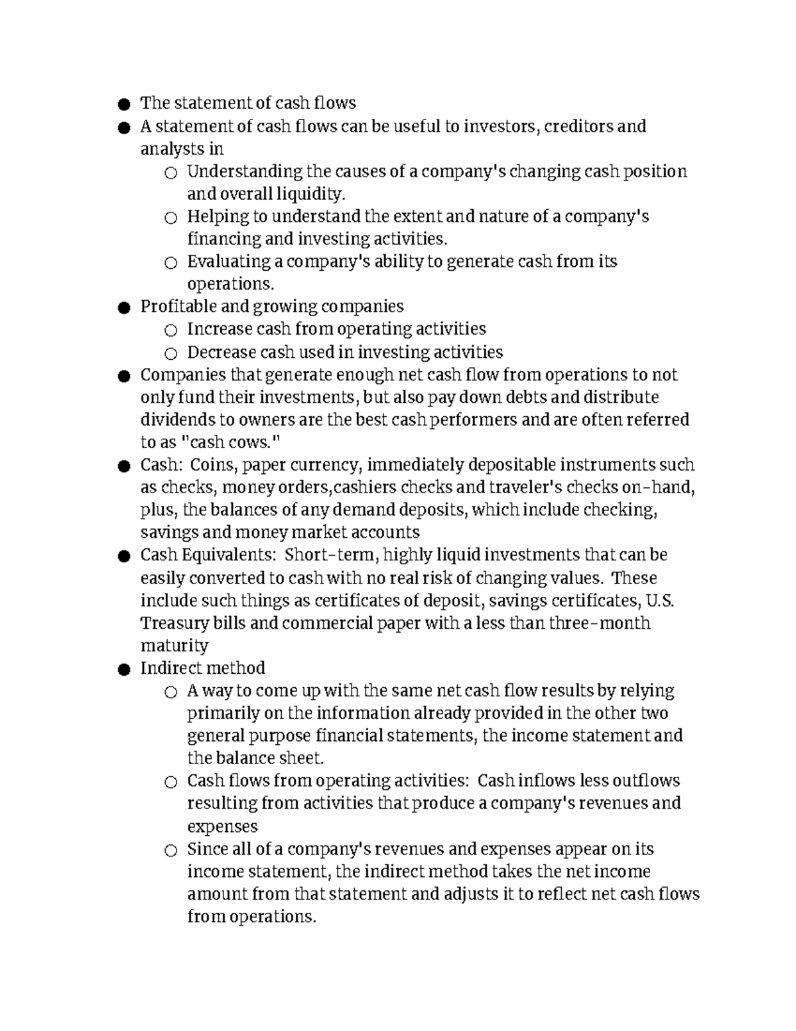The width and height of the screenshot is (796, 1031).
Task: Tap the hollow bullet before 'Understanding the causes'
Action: coord(170,173)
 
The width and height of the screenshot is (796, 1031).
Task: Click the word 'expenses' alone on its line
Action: coord(222,827)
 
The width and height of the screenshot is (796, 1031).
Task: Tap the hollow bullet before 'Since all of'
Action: coord(170,851)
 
